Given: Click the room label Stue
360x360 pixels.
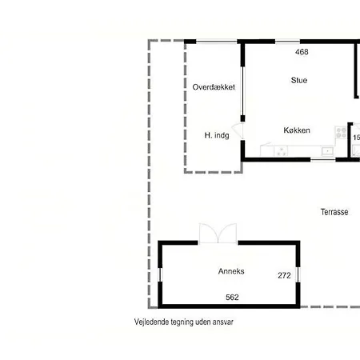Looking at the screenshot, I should click(298, 80).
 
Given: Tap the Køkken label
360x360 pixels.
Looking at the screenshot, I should click(296, 130).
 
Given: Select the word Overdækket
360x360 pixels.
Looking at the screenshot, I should click(214, 86).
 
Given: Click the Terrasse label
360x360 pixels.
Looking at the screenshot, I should click(334, 213).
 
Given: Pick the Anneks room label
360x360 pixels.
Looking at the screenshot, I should click(231, 271).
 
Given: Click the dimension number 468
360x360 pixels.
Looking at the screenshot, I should click(302, 52).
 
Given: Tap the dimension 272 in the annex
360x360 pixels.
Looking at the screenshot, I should click(284, 275).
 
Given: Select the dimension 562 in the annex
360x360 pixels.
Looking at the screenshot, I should click(232, 297).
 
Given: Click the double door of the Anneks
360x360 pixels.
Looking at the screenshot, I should click(218, 233).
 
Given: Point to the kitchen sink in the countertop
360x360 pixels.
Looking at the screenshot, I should click(326, 151).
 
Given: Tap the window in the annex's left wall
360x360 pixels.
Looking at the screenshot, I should click(160, 274).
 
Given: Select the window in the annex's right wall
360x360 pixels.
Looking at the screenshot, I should click(298, 274).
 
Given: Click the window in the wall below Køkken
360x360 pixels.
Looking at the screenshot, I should click(322, 159).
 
